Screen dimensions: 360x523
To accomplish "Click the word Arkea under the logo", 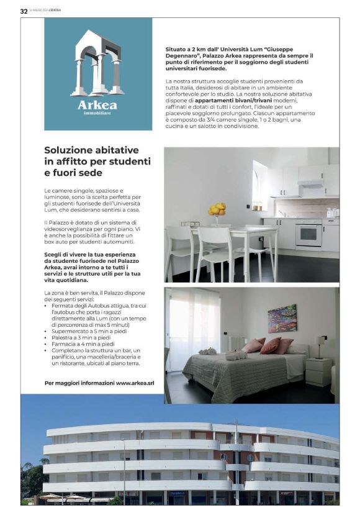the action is point(97,105).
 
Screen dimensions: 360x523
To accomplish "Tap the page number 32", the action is point(24,11).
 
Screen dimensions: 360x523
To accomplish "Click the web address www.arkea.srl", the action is point(135,383).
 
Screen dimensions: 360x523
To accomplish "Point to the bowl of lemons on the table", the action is point(217,211).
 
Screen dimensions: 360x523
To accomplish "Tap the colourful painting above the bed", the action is point(282,318).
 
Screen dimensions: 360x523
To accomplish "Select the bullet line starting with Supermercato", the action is point(84,332).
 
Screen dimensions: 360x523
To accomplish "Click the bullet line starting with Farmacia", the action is point(79,344).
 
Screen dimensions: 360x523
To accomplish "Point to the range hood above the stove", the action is point(310,184).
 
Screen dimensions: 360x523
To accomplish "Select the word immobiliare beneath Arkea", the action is point(97,114).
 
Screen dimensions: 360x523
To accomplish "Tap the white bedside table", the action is point(318,371).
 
